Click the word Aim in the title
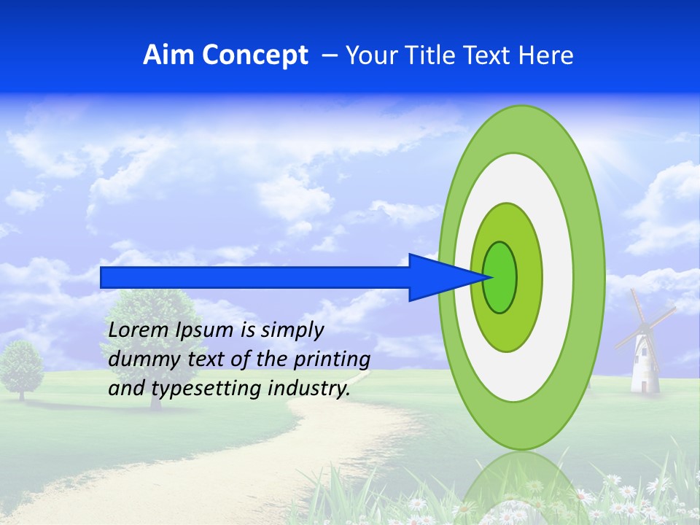169,55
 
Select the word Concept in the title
256,56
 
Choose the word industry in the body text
308,389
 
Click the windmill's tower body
644,365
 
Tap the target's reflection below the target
522,485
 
